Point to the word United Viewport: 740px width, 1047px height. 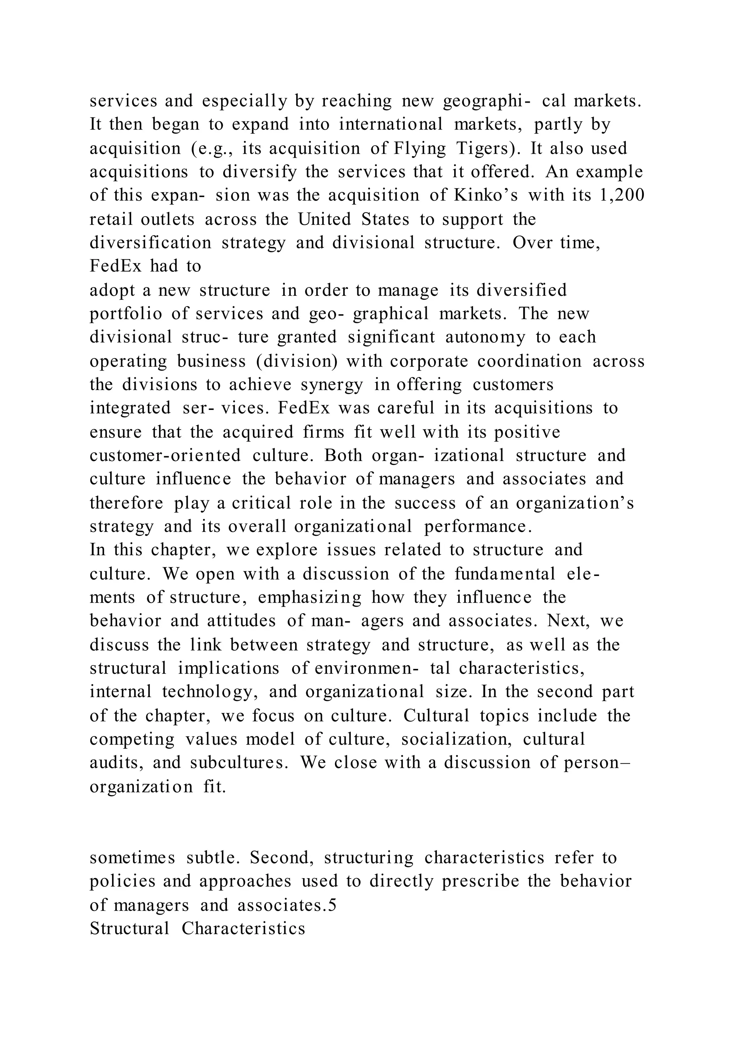pos(324,219)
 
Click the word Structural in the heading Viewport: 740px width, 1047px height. pos(129,929)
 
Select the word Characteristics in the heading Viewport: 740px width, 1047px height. pos(243,929)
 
